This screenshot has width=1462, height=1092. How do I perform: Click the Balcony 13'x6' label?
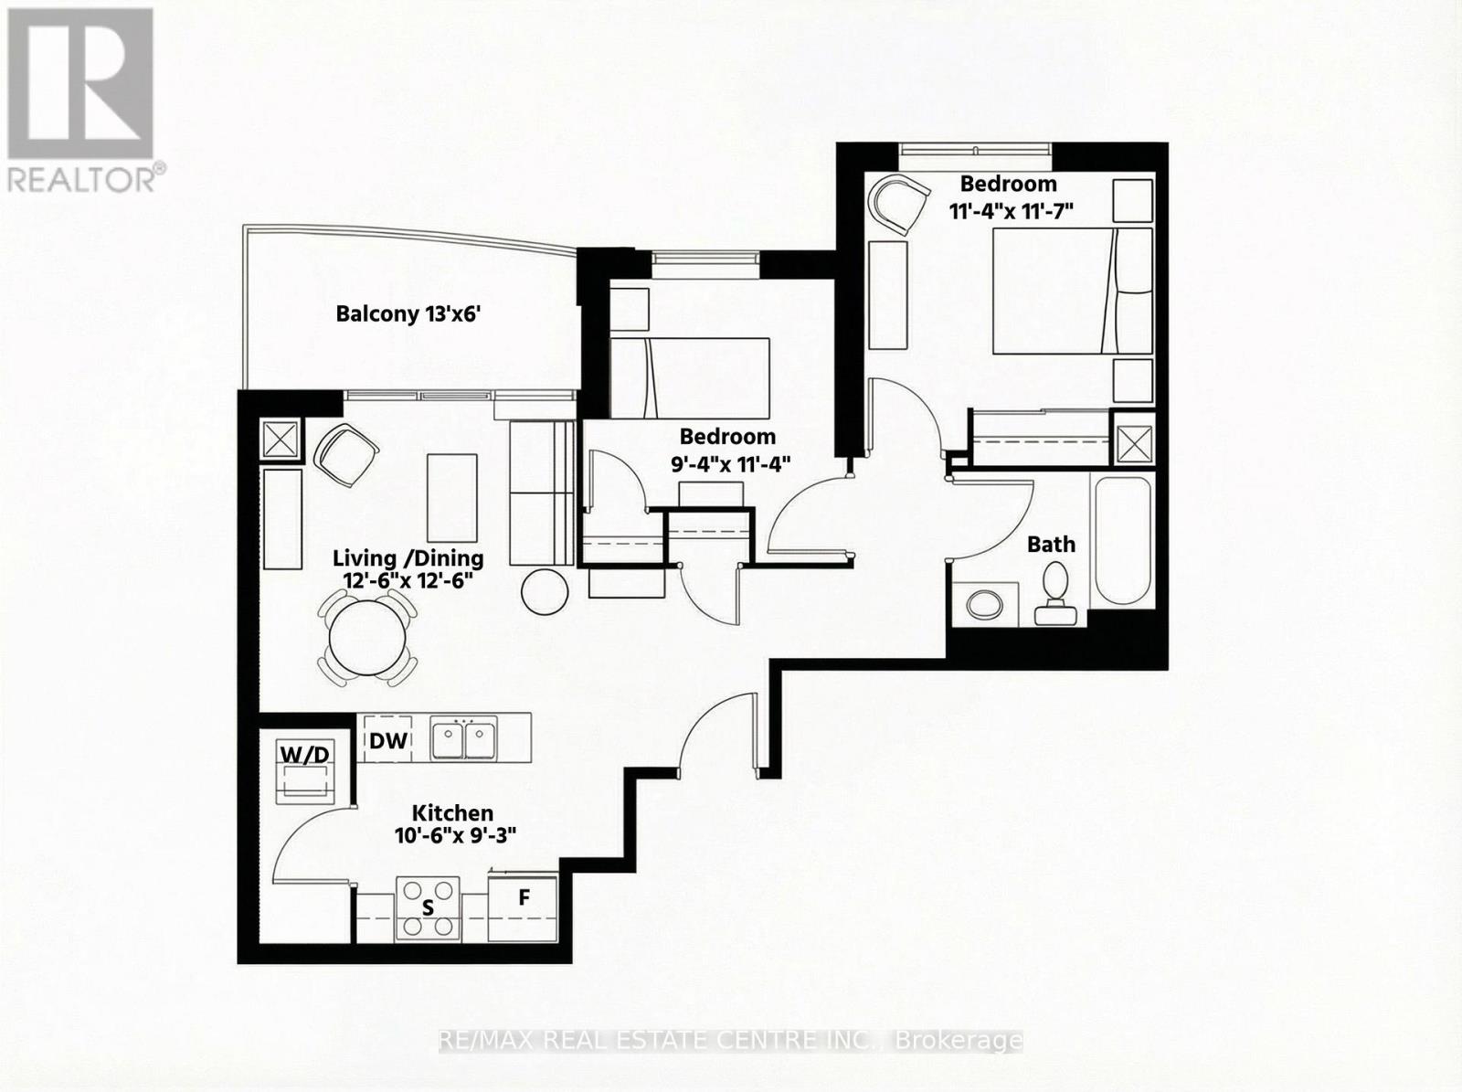tap(408, 314)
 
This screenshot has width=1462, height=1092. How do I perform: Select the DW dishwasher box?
tap(388, 740)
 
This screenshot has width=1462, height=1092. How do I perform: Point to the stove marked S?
tap(427, 908)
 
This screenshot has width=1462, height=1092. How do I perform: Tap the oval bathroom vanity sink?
tap(984, 604)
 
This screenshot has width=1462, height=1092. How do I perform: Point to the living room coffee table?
tap(451, 499)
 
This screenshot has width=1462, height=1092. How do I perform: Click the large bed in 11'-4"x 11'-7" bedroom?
tap(1071, 291)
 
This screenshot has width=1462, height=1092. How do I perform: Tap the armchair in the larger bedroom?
tap(895, 204)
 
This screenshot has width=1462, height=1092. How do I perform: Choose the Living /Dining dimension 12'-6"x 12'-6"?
tap(408, 581)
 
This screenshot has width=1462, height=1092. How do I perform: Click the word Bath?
tap(1051, 545)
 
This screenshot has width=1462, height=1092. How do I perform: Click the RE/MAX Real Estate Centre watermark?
tap(730, 1041)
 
